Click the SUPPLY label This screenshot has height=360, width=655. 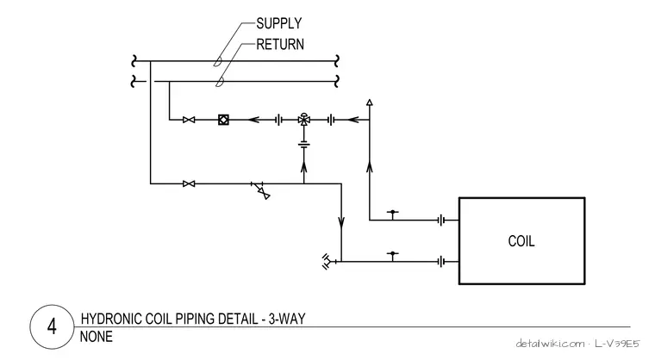pyautogui.click(x=278, y=23)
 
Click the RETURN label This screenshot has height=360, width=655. pyautogui.click(x=280, y=44)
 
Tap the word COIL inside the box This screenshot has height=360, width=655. pyautogui.click(x=521, y=241)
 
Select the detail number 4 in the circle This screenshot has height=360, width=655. pyautogui.click(x=52, y=326)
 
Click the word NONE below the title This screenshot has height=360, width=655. pyautogui.click(x=96, y=337)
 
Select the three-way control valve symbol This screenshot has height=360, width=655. pyautogui.click(x=303, y=120)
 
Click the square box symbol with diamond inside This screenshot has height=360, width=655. pyautogui.click(x=223, y=120)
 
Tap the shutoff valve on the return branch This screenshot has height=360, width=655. pyautogui.click(x=189, y=120)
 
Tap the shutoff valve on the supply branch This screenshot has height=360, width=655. pyautogui.click(x=189, y=183)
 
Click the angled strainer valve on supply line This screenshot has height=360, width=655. pyautogui.click(x=261, y=191)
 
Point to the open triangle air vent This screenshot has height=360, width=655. pyautogui.click(x=369, y=102)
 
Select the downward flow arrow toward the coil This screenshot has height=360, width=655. pyautogui.click(x=341, y=222)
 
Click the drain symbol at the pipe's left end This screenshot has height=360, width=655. pyautogui.click(x=327, y=262)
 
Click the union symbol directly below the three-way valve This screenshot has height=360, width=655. pyautogui.click(x=303, y=145)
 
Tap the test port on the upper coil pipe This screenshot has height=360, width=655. pyautogui.click(x=392, y=214)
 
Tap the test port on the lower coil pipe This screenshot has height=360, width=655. pyautogui.click(x=392, y=256)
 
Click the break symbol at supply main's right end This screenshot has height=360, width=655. pyautogui.click(x=337, y=61)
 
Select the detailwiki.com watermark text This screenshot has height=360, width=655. pyautogui.click(x=550, y=344)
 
